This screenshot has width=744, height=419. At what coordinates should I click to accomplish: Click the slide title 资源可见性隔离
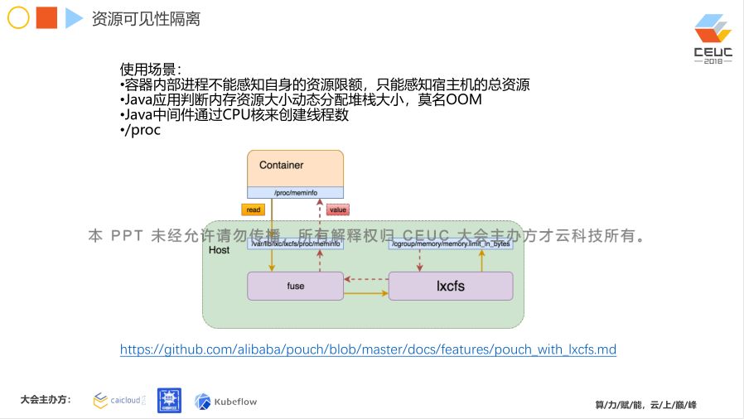[x=145, y=18]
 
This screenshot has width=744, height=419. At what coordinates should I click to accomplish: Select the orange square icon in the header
[x=46, y=17]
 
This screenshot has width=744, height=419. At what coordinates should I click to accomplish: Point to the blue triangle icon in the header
[x=74, y=17]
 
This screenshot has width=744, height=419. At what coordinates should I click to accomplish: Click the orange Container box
[x=295, y=166]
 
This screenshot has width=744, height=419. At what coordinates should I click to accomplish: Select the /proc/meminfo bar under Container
[x=295, y=193]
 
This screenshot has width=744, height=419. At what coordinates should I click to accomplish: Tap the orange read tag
[x=254, y=210]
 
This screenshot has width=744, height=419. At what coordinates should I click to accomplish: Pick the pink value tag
[x=338, y=210]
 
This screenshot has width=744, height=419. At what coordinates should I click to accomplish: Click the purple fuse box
[x=295, y=286]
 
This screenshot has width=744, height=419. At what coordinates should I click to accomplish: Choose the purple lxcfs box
[x=450, y=286]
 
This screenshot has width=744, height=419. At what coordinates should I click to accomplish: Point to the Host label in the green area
[x=220, y=250]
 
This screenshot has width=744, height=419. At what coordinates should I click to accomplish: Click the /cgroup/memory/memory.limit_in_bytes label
[x=451, y=244]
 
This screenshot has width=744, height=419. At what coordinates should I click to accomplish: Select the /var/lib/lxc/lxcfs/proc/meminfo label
[x=295, y=244]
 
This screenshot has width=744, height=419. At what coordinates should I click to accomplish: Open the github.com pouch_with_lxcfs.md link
[x=368, y=349]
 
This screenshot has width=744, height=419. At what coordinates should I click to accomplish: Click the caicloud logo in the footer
[x=119, y=401]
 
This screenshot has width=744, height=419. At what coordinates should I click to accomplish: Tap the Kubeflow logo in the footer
[x=226, y=402]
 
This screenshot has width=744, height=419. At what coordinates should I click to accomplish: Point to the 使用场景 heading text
[x=150, y=70]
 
